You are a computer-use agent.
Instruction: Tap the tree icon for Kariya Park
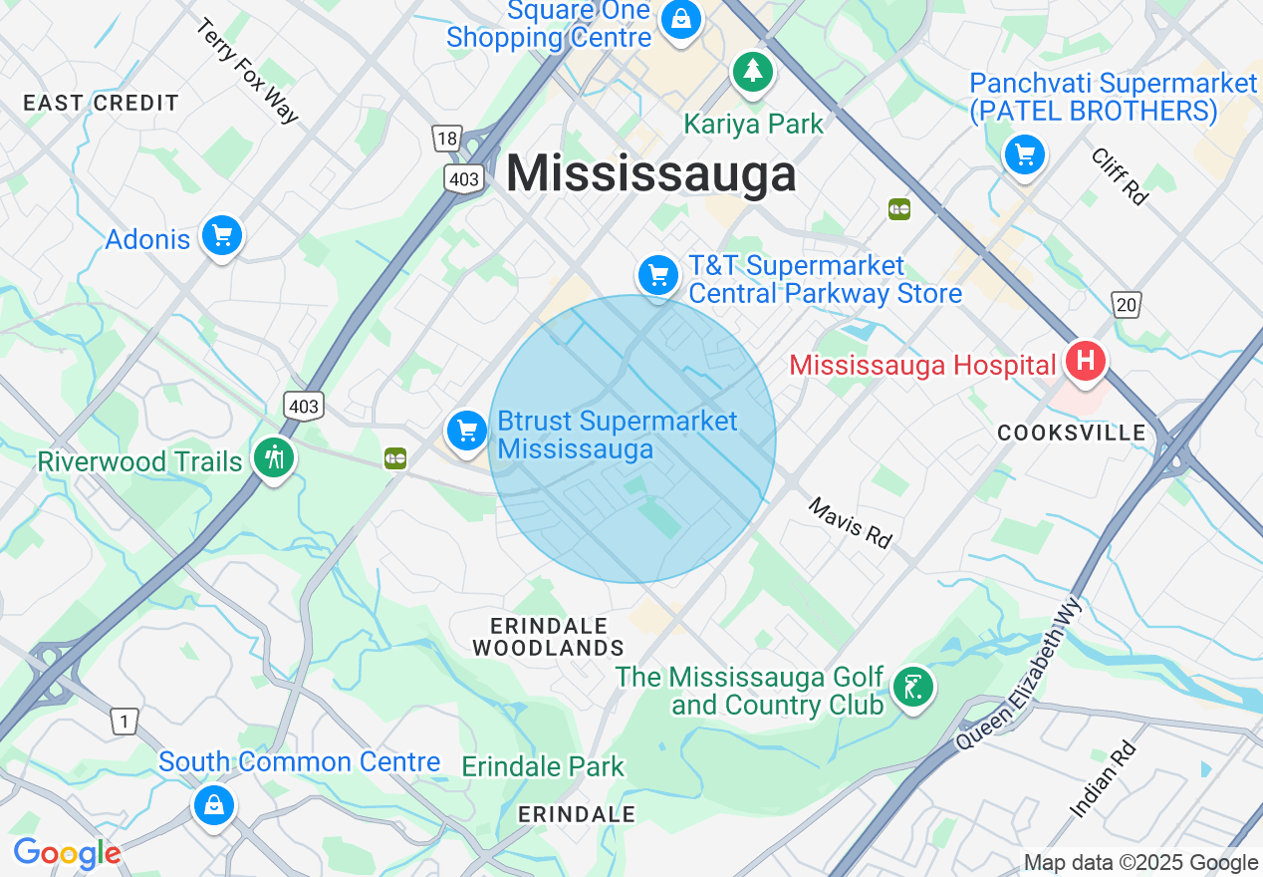[753, 72]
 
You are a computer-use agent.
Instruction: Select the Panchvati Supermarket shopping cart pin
[1024, 155]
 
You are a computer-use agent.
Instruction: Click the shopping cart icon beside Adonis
[221, 236]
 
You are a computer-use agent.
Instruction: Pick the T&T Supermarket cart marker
[657, 275]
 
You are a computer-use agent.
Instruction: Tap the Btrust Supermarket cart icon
[466, 431]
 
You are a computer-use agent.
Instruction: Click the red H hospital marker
[1085, 360]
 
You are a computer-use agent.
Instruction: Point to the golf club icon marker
[912, 688]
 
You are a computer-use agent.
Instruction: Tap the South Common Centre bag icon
[213, 803]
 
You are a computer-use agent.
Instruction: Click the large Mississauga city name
[651, 174]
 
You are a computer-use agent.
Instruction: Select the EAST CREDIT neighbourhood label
[101, 103]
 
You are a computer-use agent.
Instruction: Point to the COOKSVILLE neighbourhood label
[1072, 433]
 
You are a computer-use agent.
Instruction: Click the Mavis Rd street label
[850, 523]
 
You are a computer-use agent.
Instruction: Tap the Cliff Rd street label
[1120, 176]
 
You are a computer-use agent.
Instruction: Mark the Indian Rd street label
[1103, 780]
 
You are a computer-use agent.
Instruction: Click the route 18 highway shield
[446, 139]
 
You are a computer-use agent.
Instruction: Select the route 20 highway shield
[1126, 304]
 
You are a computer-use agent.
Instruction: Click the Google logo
[67, 853]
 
